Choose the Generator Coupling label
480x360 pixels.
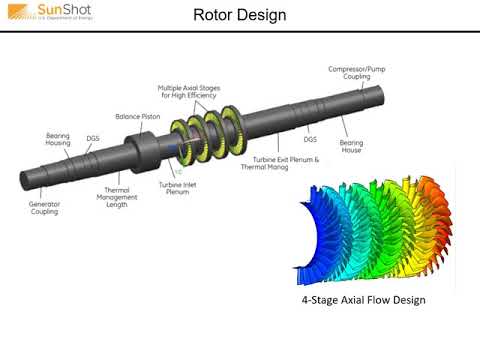click(45, 208)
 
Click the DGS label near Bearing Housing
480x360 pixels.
click(92, 138)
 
